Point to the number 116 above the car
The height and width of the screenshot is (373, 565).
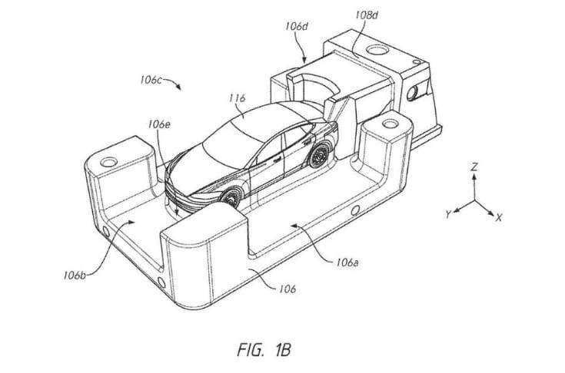pyautogui.click(x=237, y=98)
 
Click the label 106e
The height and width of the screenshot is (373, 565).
pyautogui.click(x=160, y=124)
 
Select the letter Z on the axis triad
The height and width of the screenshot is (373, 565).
pyautogui.click(x=476, y=165)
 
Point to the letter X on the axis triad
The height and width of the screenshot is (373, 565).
pyautogui.click(x=498, y=217)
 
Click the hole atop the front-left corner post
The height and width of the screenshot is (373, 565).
pyautogui.click(x=107, y=163)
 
